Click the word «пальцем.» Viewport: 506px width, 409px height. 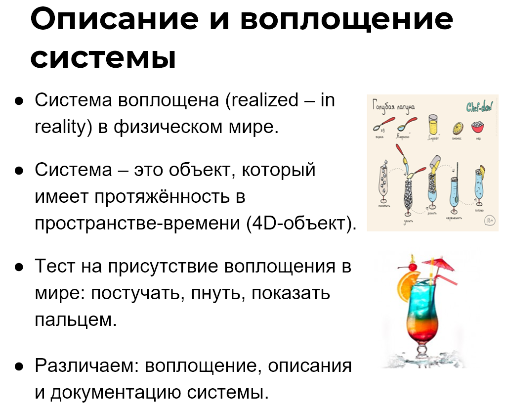[x=76, y=320]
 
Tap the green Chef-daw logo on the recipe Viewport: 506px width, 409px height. [x=479, y=107]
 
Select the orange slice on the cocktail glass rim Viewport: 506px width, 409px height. [x=405, y=286]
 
